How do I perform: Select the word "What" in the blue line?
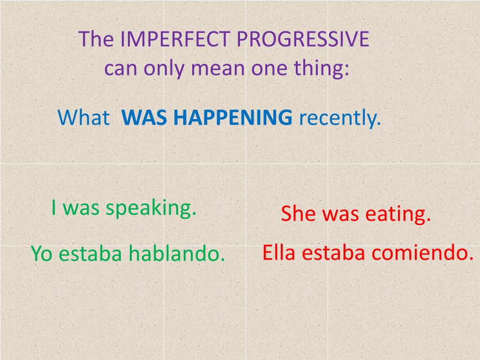(83, 117)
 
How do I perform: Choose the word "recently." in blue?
(340, 117)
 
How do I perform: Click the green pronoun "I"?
(54, 208)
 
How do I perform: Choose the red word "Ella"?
(279, 253)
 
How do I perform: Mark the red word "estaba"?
(334, 253)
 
